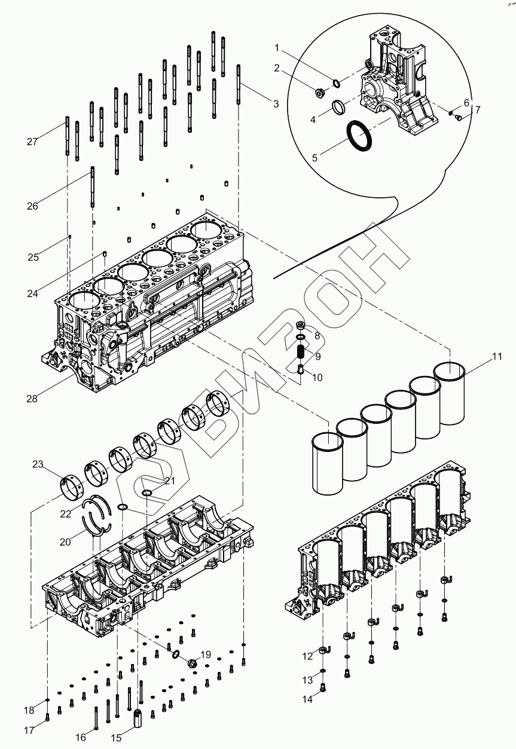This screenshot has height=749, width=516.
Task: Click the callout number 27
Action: click(x=32, y=142)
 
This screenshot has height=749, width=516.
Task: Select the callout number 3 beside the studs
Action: click(x=276, y=104)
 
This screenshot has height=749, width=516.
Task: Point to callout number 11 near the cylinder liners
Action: click(x=497, y=357)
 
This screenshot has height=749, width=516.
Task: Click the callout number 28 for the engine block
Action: click(x=32, y=399)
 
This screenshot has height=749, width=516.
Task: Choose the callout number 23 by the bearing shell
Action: click(x=38, y=464)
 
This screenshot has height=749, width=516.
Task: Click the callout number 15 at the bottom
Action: click(x=116, y=738)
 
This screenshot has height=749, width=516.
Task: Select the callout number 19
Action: click(x=205, y=655)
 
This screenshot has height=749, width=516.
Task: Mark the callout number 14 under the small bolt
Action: click(x=307, y=699)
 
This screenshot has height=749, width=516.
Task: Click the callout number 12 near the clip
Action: click(x=307, y=656)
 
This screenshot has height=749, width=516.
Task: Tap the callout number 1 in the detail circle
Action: click(x=277, y=47)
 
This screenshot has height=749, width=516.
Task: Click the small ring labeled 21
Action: click(x=147, y=493)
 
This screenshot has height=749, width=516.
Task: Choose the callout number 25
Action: click(x=33, y=257)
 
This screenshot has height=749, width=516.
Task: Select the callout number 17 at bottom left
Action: click(x=29, y=729)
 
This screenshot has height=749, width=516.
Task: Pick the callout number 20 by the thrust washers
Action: click(x=65, y=542)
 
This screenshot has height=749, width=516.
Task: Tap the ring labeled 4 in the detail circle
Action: click(x=338, y=107)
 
